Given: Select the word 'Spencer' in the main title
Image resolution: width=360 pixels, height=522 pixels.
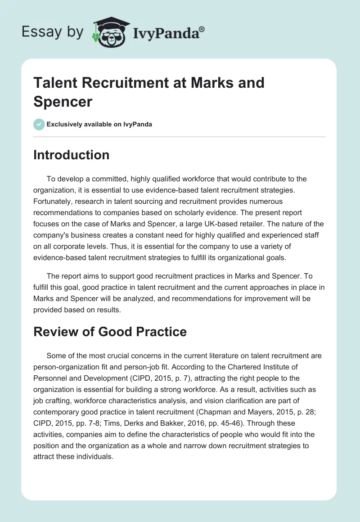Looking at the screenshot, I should (x=63, y=101).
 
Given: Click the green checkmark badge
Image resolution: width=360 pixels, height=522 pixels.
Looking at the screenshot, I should (x=39, y=124).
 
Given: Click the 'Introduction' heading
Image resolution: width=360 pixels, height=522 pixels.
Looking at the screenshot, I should (x=71, y=155).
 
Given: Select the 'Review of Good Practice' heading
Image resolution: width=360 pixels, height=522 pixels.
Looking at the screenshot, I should (x=110, y=332).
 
